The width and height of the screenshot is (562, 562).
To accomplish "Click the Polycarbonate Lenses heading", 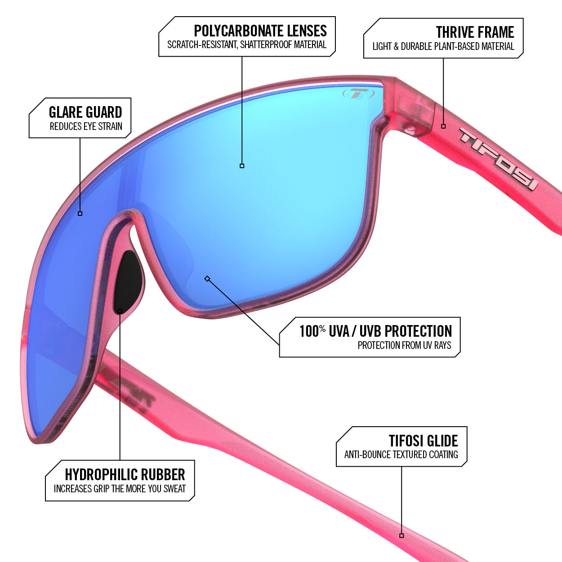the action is click(x=260, y=31).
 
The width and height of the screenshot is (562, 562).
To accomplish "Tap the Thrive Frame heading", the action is click(x=475, y=32).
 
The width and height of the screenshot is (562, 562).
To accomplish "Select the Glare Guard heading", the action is click(x=85, y=112).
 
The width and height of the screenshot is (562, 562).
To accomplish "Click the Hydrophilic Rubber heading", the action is click(x=125, y=474).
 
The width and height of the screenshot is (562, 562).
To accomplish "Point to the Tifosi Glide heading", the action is click(x=423, y=441).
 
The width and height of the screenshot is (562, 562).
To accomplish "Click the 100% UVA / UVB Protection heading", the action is click(x=375, y=331).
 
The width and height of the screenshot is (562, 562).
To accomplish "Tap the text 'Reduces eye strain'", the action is click(x=86, y=127).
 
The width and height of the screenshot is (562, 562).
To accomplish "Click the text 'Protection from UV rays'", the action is click(x=404, y=345).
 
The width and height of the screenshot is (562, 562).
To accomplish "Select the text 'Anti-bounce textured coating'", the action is click(x=401, y=455).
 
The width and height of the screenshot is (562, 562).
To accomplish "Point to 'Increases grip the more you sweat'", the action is click(x=120, y=489).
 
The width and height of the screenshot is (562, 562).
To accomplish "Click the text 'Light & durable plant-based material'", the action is click(x=443, y=46).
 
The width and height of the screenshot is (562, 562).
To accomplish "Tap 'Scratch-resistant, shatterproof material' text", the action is click(x=247, y=45).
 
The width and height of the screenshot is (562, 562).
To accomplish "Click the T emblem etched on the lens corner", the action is click(x=358, y=94).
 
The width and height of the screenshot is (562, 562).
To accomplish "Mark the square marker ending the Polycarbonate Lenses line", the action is click(x=242, y=166).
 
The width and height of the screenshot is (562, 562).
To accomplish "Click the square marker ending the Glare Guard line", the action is click(x=80, y=214).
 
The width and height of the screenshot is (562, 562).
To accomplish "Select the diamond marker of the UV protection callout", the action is click(x=207, y=278).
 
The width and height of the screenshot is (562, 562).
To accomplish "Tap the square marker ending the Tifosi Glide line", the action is click(x=401, y=536).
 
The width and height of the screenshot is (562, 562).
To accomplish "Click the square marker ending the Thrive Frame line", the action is click(x=443, y=126).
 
